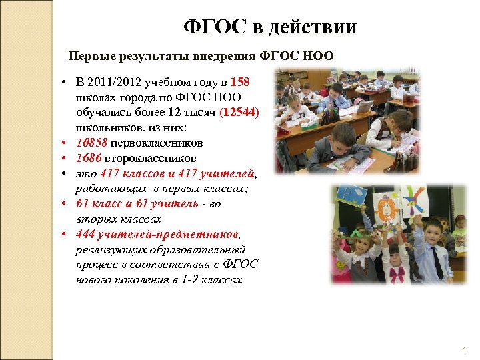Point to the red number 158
(x=240, y=83)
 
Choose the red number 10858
(x=92, y=143)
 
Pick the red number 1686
(x=89, y=159)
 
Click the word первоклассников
(x=157, y=143)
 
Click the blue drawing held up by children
(x=350, y=194)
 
